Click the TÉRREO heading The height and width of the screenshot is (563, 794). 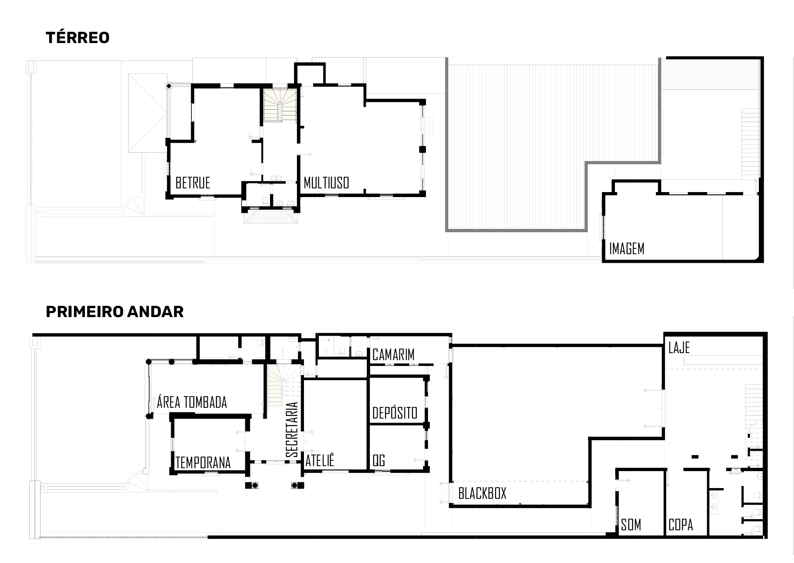coord(77,37)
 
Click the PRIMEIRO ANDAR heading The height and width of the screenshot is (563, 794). coord(115,311)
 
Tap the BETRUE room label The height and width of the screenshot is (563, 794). coord(193,183)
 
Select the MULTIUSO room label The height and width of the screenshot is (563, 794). coord(326,183)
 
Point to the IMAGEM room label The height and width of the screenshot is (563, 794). coord(627,248)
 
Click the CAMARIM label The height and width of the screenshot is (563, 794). coord(393,354)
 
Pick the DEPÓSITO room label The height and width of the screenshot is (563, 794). coord(395,412)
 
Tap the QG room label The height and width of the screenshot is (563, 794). coord(379,460)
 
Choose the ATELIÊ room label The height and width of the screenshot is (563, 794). coord(320,460)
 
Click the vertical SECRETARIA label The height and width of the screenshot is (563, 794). coord(292,430)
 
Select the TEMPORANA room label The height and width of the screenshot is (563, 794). coord(203,462)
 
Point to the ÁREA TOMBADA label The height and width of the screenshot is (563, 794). coord(192,402)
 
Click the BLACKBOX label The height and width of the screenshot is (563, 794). coord(482,493)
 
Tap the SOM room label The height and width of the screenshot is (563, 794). coord(631,525)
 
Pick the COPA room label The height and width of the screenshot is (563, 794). coord(681,525)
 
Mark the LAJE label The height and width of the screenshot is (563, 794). coord(679,348)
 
